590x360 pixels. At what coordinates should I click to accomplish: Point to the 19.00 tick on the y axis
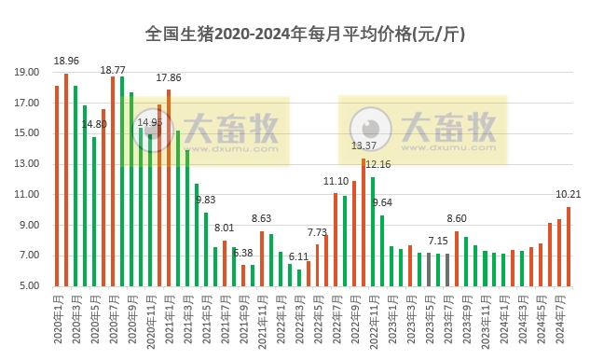point(26,73)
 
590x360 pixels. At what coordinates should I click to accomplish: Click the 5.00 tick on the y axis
point(28,286)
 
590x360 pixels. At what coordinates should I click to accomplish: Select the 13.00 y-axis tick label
point(26,164)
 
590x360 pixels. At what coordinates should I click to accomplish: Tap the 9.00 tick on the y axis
point(28,225)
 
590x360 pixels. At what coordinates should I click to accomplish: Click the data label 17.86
point(169,78)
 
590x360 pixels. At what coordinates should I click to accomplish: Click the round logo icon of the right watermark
point(371,130)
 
